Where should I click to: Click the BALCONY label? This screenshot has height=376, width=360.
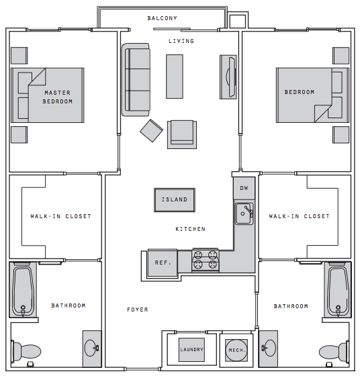pos(162,18)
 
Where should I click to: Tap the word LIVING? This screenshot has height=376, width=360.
pos(181,41)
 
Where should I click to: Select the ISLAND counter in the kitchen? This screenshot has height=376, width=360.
pos(175,200)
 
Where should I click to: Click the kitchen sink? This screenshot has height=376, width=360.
pos(244,214)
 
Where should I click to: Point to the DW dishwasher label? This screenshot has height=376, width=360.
pos(244,188)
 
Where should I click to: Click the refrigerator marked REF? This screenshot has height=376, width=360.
pos(163,263)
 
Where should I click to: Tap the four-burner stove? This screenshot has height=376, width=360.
pos(206,261)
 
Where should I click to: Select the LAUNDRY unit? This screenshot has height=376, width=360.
pos(191,350)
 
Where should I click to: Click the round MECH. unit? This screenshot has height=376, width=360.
pos(236,350)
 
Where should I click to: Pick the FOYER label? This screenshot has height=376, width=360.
pos(138,310)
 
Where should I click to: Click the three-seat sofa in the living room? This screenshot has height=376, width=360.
pos(136,80)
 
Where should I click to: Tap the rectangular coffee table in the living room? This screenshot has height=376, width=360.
pos(175,77)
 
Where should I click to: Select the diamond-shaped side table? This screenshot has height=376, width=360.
pos(152,131)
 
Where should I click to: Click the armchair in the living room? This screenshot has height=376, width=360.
pos(182,134)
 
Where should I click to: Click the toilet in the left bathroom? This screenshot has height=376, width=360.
pos(26,351)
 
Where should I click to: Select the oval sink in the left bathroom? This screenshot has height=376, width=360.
pos(91,348)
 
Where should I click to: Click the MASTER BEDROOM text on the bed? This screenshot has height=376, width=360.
pos(58,97)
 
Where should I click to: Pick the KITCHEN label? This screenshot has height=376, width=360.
pos(191,229)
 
